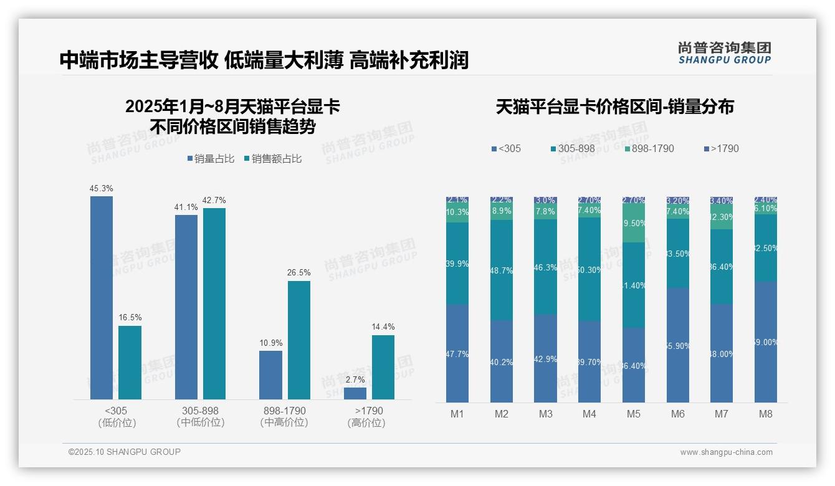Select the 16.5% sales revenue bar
tap(130, 363)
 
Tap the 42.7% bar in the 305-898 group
tap(214, 303)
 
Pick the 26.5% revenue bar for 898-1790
tap(298, 340)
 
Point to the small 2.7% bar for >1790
tap(355, 393)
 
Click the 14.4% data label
tap(383, 326)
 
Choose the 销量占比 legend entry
tap(211, 159)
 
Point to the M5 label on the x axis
tap(634, 414)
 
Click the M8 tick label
tap(765, 414)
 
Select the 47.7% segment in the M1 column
tap(457, 353)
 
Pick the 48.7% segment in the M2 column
tap(502, 270)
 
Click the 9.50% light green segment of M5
tap(634, 223)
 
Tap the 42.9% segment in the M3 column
tap(545, 358)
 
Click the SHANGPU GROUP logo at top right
tap(724, 53)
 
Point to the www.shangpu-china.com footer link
tap(726, 452)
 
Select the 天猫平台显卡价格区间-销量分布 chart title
tap(614, 107)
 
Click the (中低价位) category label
tap(200, 422)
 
